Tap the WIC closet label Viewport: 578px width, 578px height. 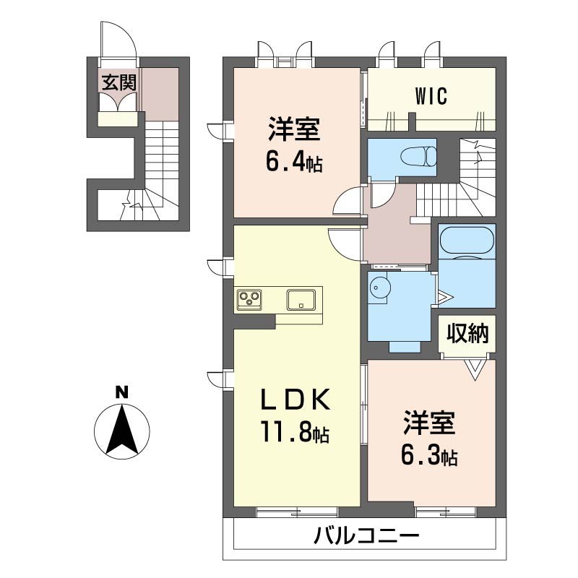pos(432,95)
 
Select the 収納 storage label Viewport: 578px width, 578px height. pos(467,334)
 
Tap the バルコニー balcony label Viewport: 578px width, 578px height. pos(366,537)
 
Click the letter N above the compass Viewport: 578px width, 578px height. pos(122,393)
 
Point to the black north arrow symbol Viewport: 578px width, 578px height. pos(123,431)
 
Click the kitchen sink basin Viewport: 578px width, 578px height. pos(302,298)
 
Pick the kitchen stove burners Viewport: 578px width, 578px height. pos(250,298)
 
